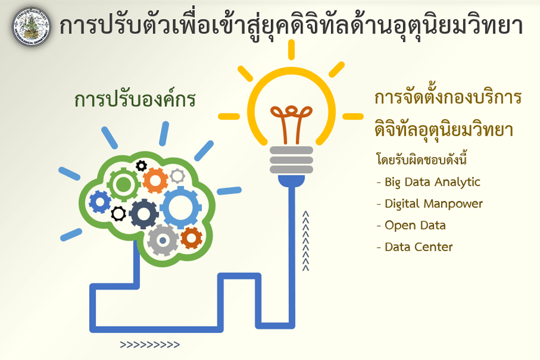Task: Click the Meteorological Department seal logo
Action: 31,27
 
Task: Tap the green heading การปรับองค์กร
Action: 134,99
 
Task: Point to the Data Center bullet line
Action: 415,247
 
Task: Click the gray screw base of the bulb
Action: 292,160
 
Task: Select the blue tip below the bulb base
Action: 292,181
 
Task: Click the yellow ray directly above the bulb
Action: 292,50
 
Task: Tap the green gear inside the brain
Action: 123,185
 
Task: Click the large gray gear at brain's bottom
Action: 163,240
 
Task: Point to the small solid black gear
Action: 141,166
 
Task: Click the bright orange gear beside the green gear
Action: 156,180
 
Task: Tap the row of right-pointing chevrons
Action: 150,344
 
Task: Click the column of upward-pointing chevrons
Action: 306,241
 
